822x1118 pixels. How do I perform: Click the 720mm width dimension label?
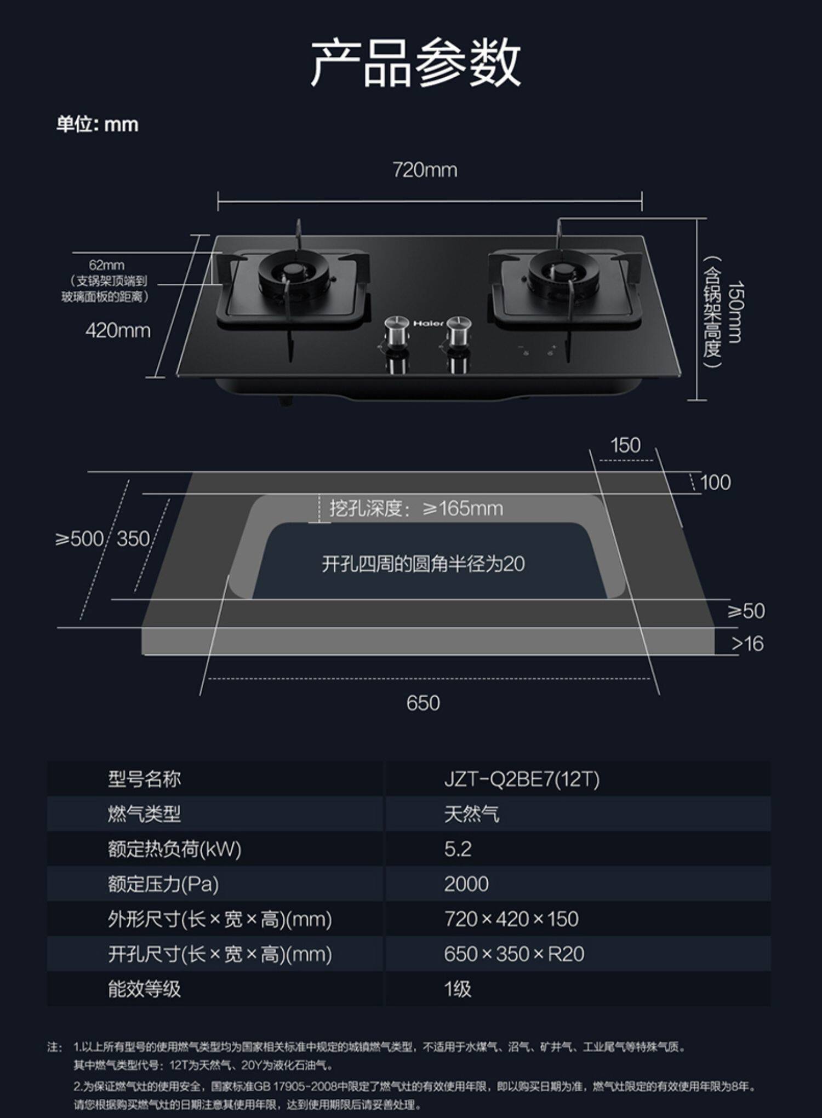click(x=425, y=170)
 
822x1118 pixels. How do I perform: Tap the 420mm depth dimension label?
click(x=118, y=331)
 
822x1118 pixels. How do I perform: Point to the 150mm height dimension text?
click(x=735, y=312)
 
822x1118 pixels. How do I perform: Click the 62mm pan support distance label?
click(x=106, y=265)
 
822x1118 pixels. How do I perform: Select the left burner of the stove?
click(x=295, y=272)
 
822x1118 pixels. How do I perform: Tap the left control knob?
click(x=398, y=331)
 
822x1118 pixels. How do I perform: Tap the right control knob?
click(x=458, y=331)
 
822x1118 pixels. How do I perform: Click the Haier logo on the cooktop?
click(x=428, y=324)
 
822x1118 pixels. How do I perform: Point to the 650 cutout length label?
click(x=423, y=703)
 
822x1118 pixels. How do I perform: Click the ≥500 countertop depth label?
click(x=79, y=539)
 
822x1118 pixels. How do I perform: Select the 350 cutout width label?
click(x=133, y=539)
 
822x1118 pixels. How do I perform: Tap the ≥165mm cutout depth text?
click(x=416, y=509)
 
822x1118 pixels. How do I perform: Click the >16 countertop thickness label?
click(x=747, y=644)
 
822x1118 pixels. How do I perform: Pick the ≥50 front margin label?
click(x=746, y=611)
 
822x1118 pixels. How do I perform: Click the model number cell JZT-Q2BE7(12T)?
click(x=522, y=779)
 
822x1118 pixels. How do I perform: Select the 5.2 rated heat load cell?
click(x=458, y=849)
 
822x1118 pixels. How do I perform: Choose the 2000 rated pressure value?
click(x=466, y=884)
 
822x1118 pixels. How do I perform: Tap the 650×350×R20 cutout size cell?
click(x=514, y=954)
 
